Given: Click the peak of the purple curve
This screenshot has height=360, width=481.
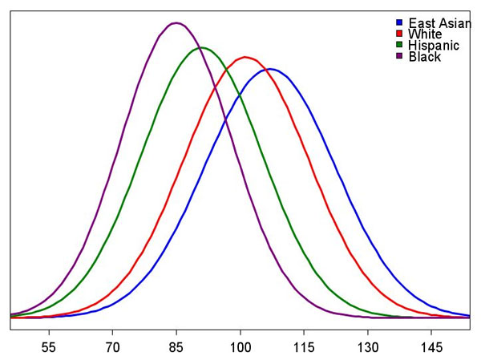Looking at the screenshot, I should coord(176,22).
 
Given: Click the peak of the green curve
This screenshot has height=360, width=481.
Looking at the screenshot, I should coord(202,47).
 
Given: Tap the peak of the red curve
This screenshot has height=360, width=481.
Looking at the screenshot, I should coord(245,57).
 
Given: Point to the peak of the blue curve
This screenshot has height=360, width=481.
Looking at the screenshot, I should coord(270,69).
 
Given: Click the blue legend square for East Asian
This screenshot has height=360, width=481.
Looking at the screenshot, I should coord(399,22).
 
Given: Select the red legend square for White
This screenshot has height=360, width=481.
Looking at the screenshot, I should coord(399,34).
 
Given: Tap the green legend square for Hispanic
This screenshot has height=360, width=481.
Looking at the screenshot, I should coord(399,45).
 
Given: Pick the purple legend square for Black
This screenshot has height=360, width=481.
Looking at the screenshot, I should coord(399,56).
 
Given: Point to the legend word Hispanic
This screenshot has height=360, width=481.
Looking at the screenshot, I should coord(434,46).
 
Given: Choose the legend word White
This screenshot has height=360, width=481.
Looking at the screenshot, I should coord(425,34).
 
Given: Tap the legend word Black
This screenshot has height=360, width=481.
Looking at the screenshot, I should coord(424,57).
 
